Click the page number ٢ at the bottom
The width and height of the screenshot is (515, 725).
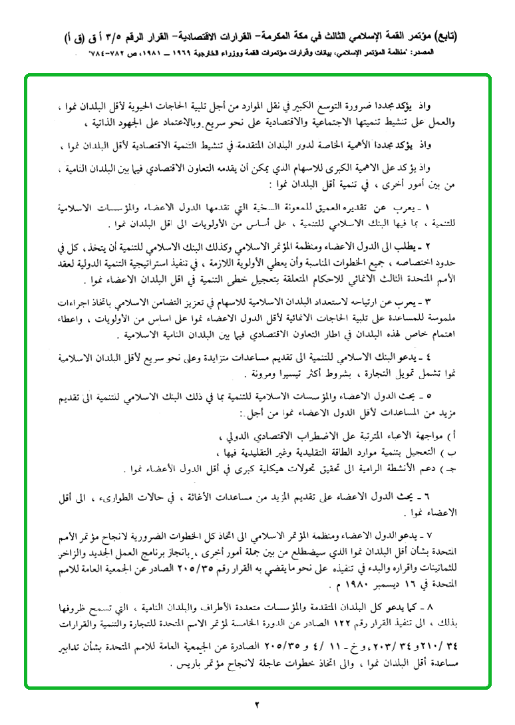[x=257, y=704]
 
